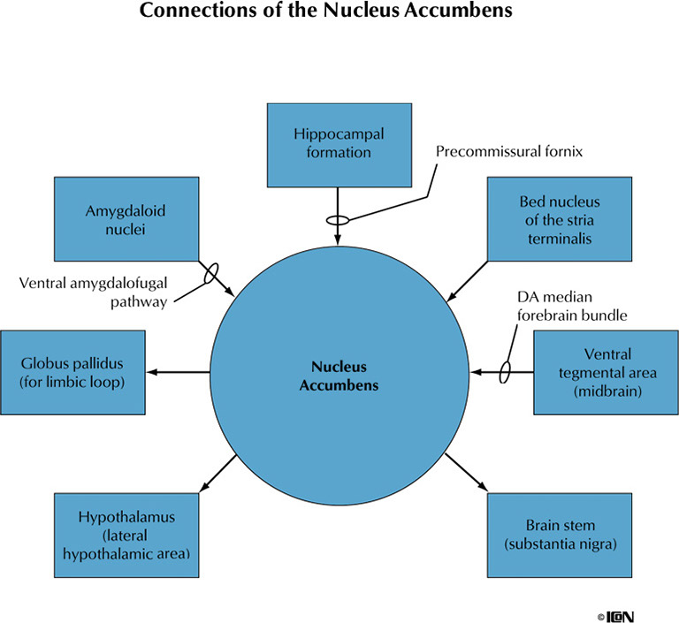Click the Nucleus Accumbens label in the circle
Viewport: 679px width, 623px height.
tap(339, 376)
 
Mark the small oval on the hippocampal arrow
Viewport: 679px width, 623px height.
tap(339, 220)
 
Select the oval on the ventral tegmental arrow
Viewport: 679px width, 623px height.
tap(506, 372)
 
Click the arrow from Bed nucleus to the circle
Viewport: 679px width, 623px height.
tap(469, 280)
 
